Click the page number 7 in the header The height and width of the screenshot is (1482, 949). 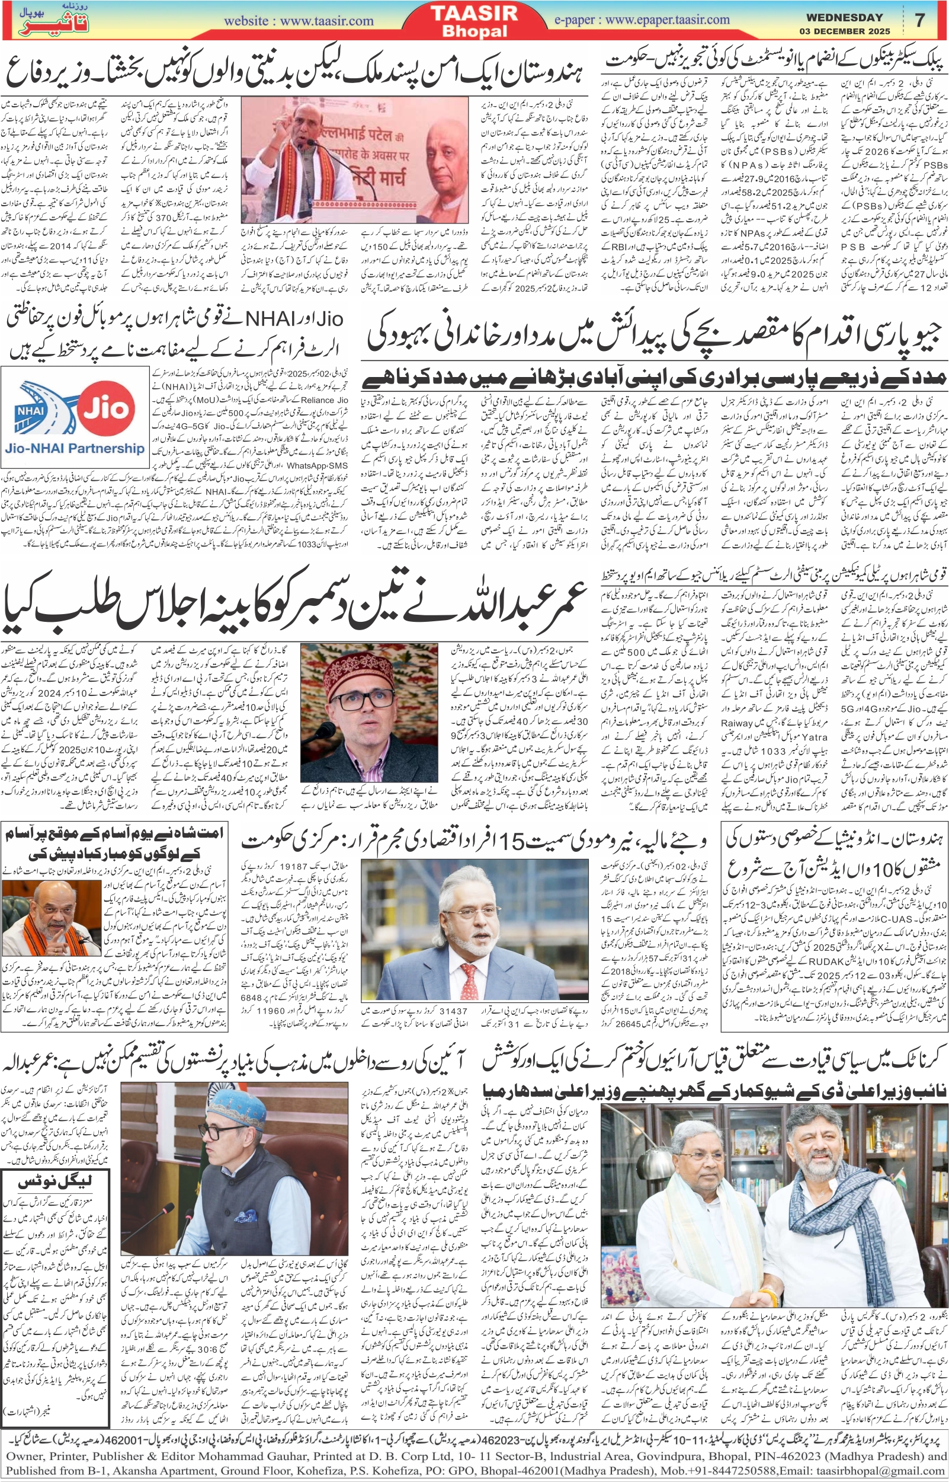[x=920, y=20]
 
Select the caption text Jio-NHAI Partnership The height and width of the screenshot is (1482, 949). [x=75, y=448]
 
